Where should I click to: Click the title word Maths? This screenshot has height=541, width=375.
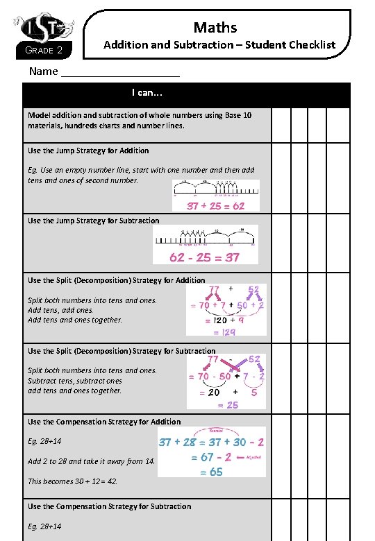[x=215, y=27]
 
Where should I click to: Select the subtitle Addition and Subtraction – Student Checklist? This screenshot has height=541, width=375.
[x=219, y=44]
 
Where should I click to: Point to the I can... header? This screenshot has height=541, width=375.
[x=147, y=92]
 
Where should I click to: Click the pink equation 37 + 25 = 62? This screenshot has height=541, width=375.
[x=215, y=205]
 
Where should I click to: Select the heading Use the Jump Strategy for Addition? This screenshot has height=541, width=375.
[x=88, y=151]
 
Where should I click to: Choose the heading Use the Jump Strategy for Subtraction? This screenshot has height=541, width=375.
[x=93, y=221]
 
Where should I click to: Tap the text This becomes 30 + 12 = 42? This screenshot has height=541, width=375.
[x=72, y=481]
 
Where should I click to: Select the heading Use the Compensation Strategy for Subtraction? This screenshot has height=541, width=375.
[x=109, y=506]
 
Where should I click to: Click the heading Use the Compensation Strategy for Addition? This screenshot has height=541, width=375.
[x=104, y=422]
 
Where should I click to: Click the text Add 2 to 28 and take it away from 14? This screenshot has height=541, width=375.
[x=91, y=461]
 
